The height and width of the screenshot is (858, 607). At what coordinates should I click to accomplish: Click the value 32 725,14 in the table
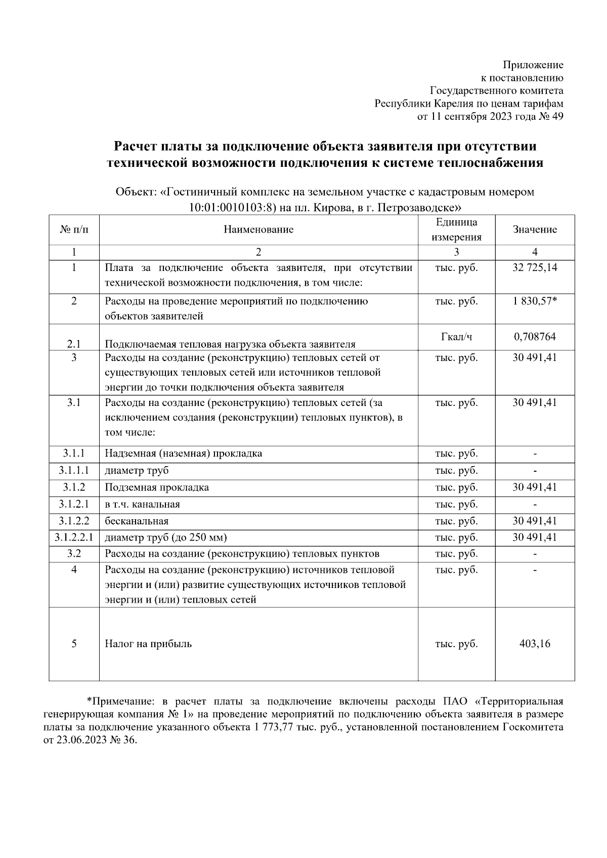coord(535,267)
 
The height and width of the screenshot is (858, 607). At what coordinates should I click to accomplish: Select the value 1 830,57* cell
coord(535,301)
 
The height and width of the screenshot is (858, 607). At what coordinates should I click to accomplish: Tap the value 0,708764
coord(535,336)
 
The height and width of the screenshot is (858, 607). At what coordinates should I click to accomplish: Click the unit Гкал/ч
coord(456,336)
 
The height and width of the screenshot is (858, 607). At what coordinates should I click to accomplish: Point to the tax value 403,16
coord(535,644)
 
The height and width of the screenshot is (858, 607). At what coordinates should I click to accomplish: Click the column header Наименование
coord(258,230)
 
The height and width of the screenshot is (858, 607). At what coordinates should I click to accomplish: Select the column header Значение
coord(535,230)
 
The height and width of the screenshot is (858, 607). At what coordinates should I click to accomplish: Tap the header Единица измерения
coord(456,230)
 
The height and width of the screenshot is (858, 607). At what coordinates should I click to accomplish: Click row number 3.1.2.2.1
coord(74,537)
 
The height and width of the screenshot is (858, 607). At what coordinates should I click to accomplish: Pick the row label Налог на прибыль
coord(148,644)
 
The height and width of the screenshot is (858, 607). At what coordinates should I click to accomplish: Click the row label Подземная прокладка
coord(157,487)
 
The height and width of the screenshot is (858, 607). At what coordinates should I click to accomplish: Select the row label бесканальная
coord(137,521)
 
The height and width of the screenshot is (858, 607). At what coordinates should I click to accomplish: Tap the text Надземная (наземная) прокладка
coord(183,453)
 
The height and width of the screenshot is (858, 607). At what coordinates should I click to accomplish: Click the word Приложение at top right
coord(533,65)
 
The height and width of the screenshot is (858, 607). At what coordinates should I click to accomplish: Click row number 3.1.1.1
coord(74,470)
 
